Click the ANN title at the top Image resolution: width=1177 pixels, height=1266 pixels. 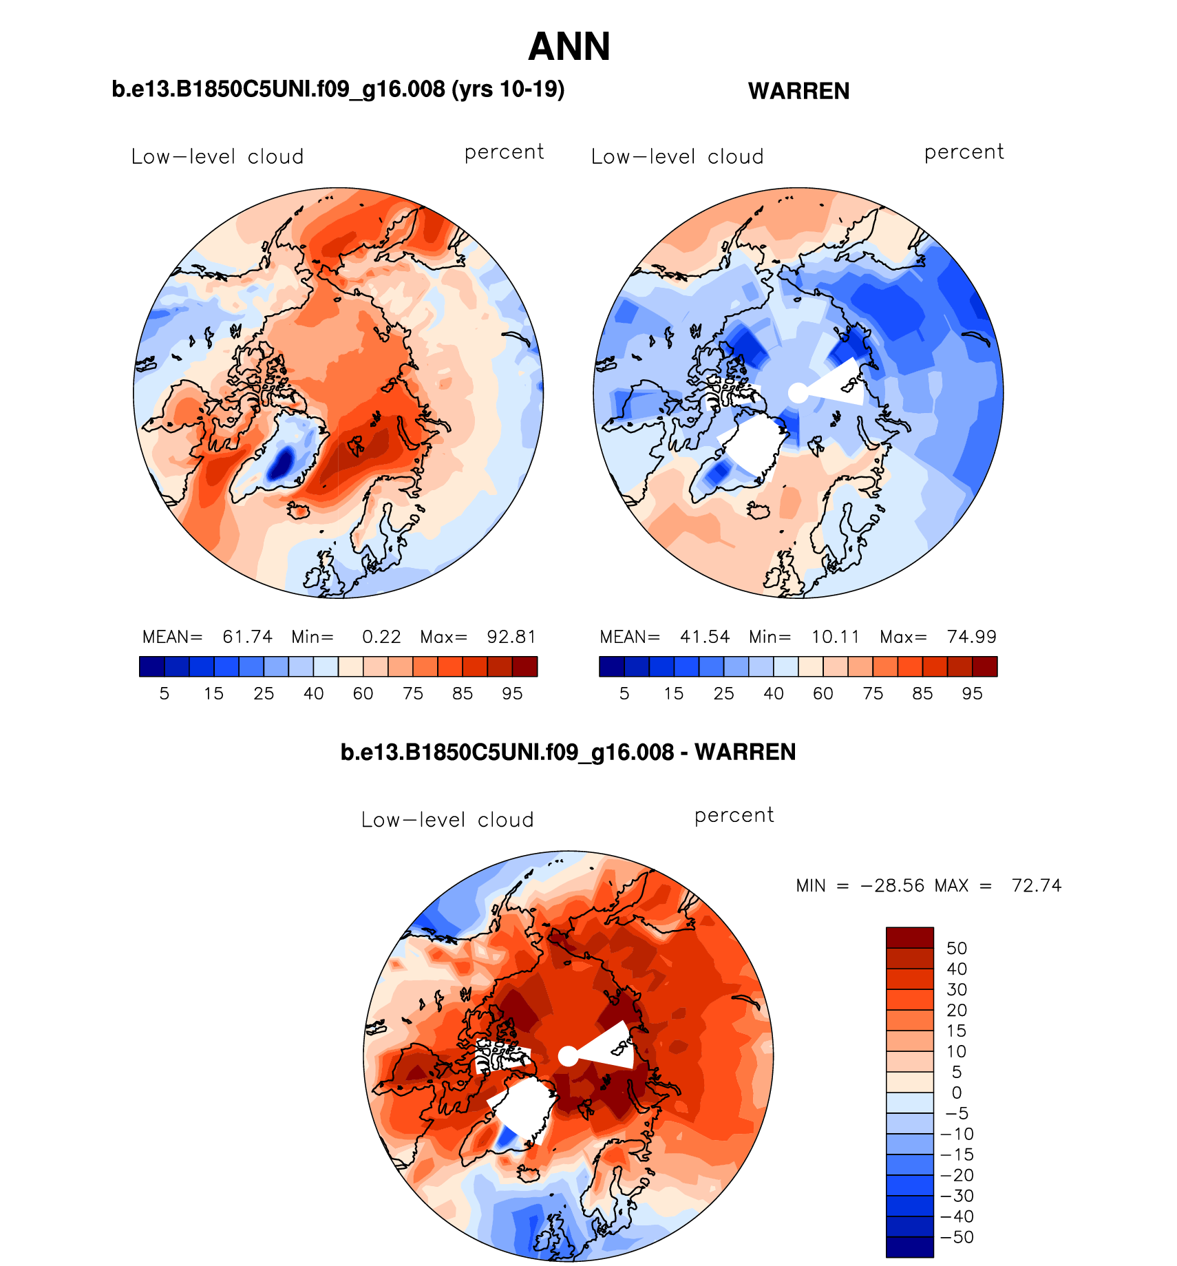pos(569,47)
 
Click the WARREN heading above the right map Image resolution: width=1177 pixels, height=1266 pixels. pos(798,91)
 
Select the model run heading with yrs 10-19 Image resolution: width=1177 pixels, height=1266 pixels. pos(338,89)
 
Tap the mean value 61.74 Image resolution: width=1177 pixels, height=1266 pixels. pos(247,637)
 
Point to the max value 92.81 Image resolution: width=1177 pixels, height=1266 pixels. pos(511,637)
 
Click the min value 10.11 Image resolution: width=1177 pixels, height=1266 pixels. pos(836,637)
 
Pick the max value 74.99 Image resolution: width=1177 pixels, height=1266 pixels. pos(971,637)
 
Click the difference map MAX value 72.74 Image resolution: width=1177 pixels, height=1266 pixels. pos(1036,885)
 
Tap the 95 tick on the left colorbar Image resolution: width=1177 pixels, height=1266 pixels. pos(512,694)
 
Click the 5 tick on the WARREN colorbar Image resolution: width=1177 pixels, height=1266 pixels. pos(624,694)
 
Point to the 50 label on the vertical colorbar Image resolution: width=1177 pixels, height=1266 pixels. pos(957,949)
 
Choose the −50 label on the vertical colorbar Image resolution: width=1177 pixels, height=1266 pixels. pos(957,1237)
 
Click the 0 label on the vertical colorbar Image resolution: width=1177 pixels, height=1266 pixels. pos(957,1093)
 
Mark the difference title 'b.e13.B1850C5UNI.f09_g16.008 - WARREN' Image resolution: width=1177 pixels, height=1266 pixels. pos(568,752)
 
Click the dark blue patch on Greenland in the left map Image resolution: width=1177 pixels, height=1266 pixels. pos(281,462)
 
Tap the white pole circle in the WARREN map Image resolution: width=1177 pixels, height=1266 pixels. pos(798,393)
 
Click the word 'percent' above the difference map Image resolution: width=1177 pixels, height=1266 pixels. pos(734,816)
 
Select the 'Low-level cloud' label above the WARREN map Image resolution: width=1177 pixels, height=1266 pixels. pos(677,157)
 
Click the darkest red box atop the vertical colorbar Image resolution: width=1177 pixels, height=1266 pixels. pos(909,938)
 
